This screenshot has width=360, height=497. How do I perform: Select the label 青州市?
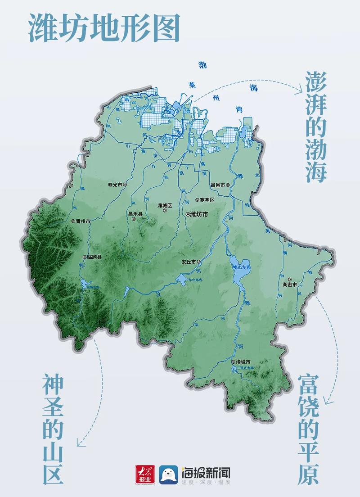click(x=83, y=221)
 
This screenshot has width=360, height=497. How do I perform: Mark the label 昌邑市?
click(x=218, y=185)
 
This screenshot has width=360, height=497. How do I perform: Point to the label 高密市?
click(x=289, y=285)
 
